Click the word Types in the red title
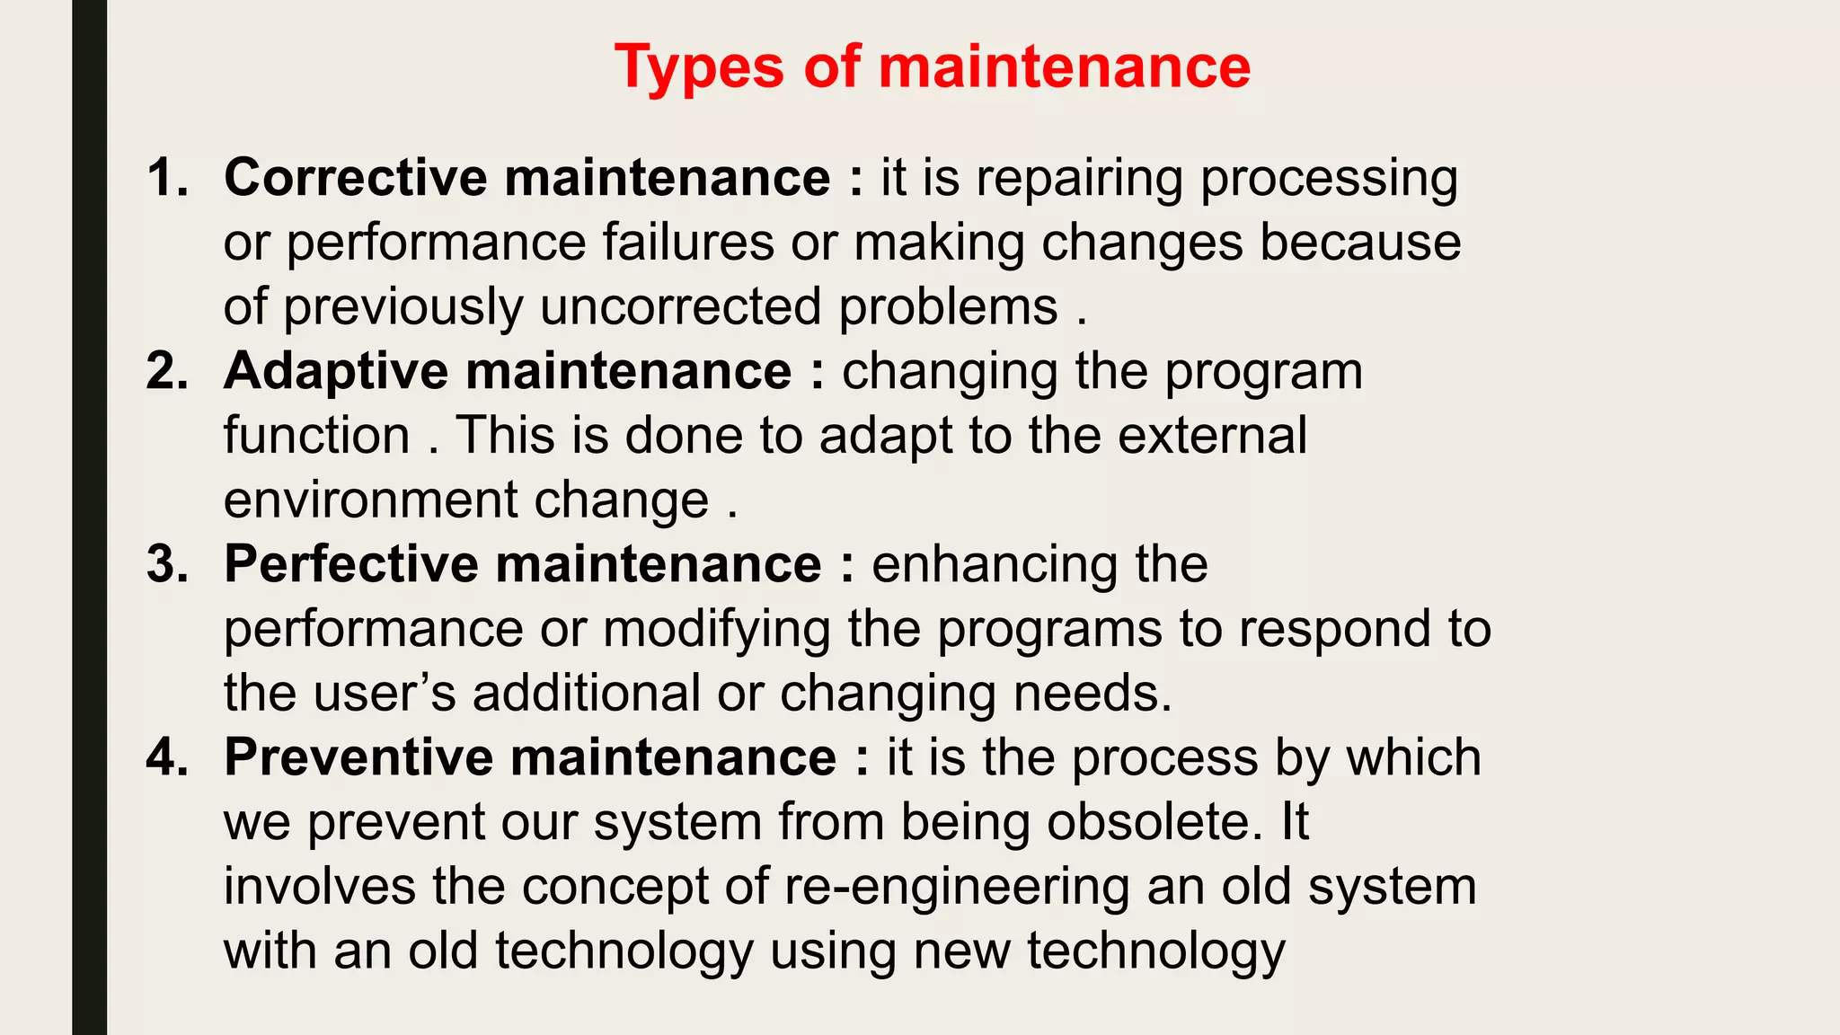pos(699,68)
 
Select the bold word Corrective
pos(355,177)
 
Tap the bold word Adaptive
pos(336,371)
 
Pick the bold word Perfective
pos(351,564)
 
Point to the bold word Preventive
pos(358,757)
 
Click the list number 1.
pos(167,177)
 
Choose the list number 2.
pos(167,371)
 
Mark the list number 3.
pos(167,564)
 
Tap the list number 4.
pos(167,757)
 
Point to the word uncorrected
pos(680,307)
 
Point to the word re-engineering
pos(957,888)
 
